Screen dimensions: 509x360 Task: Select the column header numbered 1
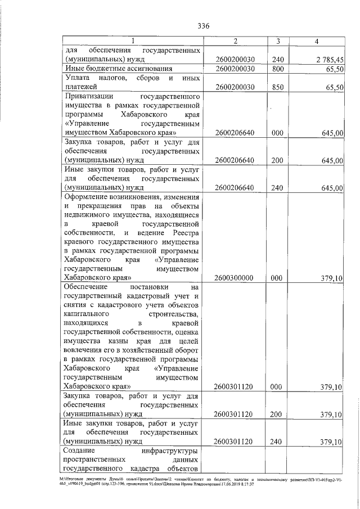132,41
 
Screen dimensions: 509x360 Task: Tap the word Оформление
89,196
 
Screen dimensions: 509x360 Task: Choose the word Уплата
79,78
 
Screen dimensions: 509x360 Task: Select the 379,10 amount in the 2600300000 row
331,278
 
